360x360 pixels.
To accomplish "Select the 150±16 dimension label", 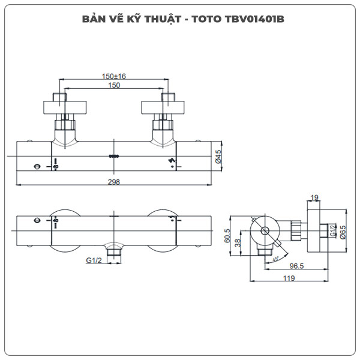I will click(x=113, y=76).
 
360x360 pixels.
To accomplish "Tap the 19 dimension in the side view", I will click(x=315, y=197).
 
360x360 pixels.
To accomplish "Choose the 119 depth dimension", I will click(x=289, y=278).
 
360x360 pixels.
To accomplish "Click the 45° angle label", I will click(x=275, y=259).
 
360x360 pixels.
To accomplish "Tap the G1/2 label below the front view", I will click(x=93, y=260).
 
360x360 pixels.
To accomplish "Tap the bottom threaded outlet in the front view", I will click(x=113, y=256).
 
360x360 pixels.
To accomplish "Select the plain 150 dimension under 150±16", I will click(x=113, y=86).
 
